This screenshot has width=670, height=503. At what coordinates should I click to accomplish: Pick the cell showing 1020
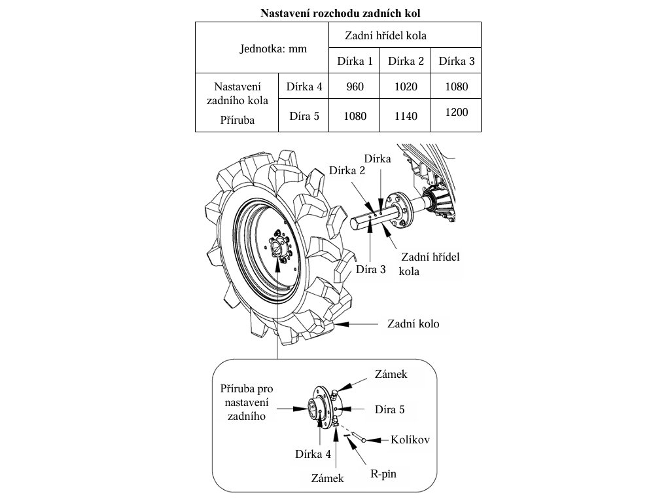[406, 86]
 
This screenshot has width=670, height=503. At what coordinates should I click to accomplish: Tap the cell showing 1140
[406, 116]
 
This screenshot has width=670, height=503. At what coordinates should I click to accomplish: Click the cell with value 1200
[456, 113]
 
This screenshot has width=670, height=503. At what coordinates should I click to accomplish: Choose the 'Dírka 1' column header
[355, 62]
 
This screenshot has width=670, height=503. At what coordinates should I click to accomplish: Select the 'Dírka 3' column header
[456, 62]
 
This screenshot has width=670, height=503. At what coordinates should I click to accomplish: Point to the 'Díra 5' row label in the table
[304, 116]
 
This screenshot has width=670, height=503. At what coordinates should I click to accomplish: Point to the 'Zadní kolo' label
[413, 324]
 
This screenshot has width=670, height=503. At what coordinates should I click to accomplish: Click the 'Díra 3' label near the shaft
[371, 269]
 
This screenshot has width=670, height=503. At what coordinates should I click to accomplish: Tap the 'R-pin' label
[383, 473]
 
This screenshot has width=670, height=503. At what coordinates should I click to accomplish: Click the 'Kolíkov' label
[410, 439]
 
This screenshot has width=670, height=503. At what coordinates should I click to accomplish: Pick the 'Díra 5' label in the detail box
[389, 410]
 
